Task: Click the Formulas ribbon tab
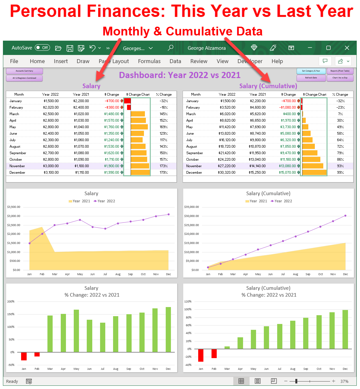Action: [149, 61]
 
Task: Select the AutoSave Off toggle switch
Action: [42, 48]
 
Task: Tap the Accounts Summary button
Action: [24, 71]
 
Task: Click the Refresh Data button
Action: [311, 78]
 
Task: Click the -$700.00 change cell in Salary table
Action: [112, 101]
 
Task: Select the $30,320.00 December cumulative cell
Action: [226, 172]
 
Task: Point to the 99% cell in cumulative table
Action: [340, 172]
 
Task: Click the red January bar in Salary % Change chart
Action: [24, 356]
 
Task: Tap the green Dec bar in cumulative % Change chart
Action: [345, 329]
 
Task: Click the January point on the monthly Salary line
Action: [30, 243]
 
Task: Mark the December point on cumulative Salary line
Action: [345, 216]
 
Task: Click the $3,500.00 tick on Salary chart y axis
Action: [14, 207]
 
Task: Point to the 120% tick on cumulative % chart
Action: [188, 302]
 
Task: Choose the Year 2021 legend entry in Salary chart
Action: [79, 201]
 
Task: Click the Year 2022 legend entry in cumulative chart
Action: [281, 201]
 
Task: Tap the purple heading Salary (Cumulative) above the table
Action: [268, 86]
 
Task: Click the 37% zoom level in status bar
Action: [344, 381]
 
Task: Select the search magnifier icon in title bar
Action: [170, 48]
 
